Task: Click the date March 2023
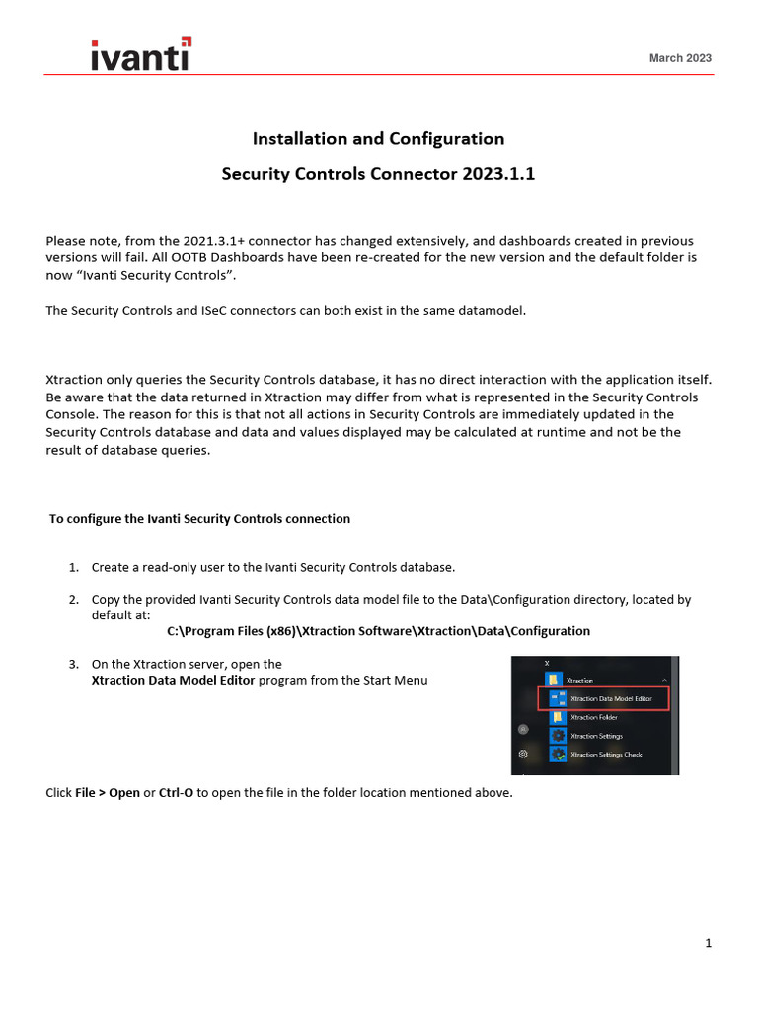coord(679,58)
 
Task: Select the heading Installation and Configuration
coord(378,138)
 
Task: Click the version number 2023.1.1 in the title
coord(492,174)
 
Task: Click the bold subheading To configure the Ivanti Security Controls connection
coord(199,518)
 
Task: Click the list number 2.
coord(73,599)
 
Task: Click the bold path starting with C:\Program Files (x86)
coord(378,631)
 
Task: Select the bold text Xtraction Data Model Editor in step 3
coord(174,680)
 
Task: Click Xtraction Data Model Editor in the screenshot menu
coord(611,698)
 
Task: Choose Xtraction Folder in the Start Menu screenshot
coord(594,717)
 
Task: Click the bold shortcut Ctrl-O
coord(176,792)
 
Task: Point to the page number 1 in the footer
coord(708,944)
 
